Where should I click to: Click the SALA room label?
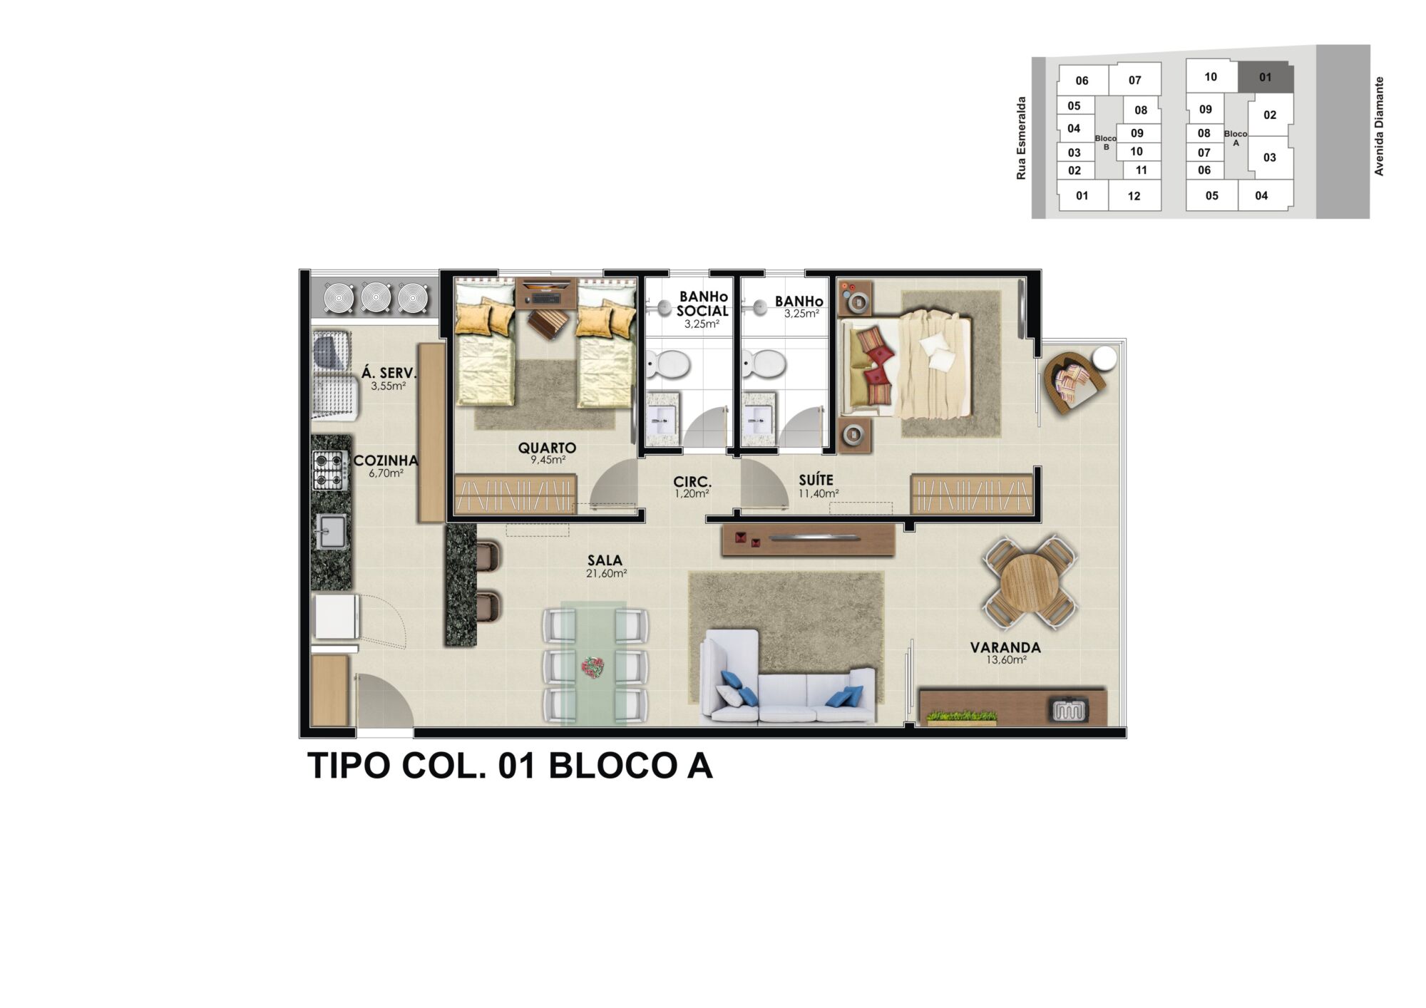tap(605, 561)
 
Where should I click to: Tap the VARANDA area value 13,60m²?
tap(1005, 660)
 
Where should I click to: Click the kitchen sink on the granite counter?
tap(332, 531)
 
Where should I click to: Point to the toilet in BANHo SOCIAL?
tap(669, 365)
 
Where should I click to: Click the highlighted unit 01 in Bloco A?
tap(1265, 77)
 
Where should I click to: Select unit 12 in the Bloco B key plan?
tap(1134, 196)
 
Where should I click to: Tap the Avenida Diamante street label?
tap(1379, 126)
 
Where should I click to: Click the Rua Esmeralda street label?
tap(1021, 138)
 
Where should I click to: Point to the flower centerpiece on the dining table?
tap(593, 667)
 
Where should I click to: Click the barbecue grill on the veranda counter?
tap(1067, 710)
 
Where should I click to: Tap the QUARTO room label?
tap(547, 448)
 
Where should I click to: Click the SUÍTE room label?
tap(816, 480)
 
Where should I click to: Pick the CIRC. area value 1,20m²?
tap(692, 493)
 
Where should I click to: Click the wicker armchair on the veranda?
tap(1074, 381)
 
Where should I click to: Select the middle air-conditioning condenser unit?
tap(375, 297)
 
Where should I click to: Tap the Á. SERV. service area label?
tap(388, 373)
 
